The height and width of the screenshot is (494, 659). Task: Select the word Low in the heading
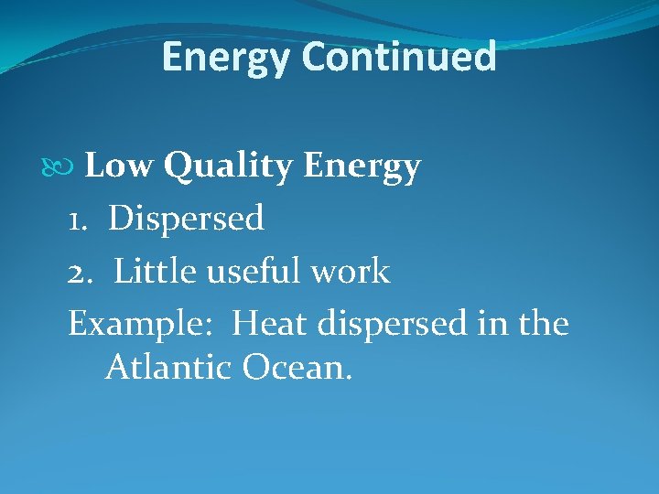[x=120, y=166]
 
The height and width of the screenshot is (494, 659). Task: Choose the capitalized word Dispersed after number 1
[x=186, y=220]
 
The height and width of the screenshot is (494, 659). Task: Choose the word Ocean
[x=297, y=368]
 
